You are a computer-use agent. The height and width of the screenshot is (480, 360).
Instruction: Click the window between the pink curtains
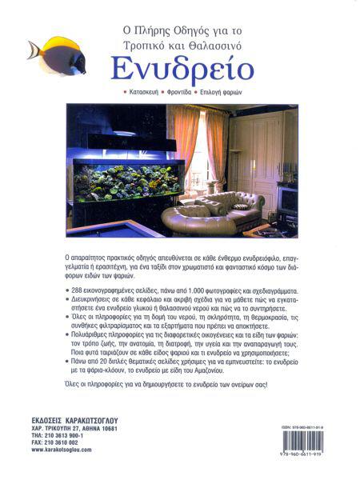click(198, 152)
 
